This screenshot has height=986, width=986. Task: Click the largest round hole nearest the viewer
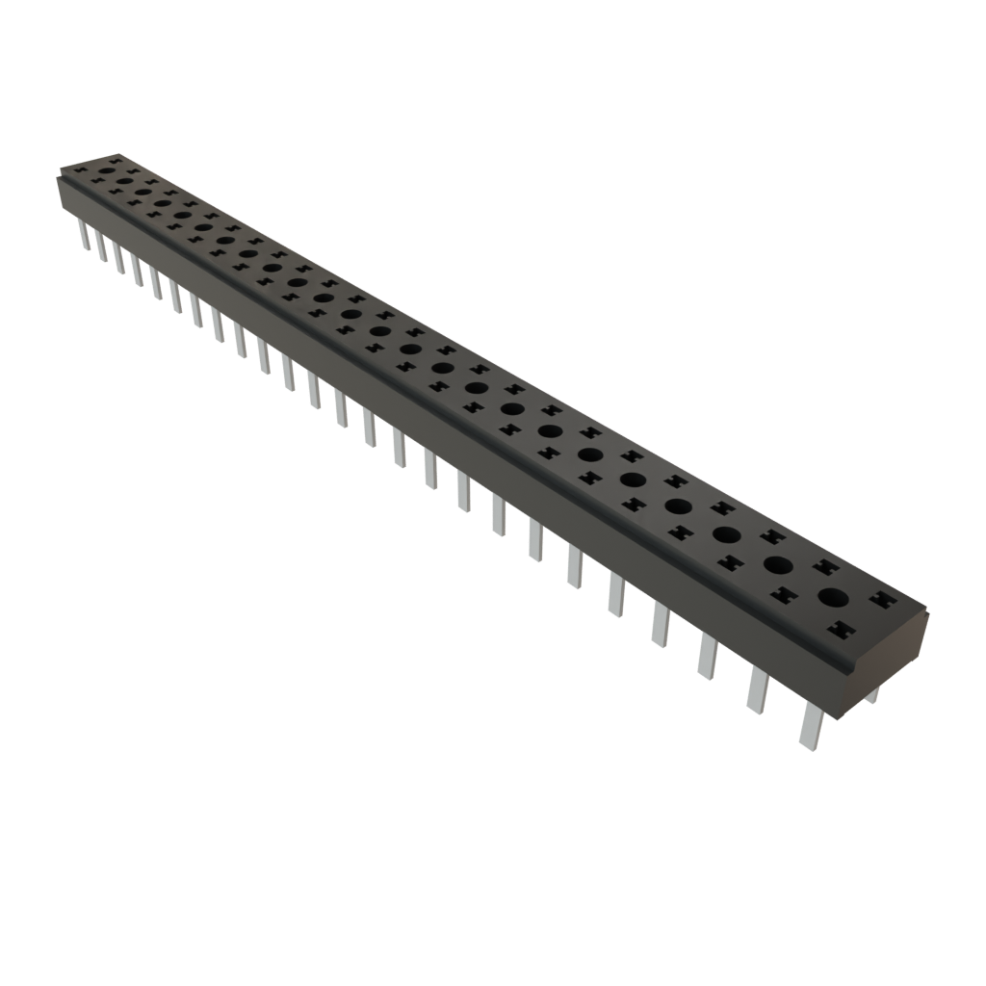[833, 597]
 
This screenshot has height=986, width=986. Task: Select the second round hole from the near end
[778, 564]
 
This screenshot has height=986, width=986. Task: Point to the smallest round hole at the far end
[106, 169]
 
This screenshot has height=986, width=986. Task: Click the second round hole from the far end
[124, 179]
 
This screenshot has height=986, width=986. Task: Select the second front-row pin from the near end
[756, 691]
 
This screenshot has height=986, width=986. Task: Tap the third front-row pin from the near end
[707, 657]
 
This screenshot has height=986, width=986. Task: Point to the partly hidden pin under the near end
[871, 695]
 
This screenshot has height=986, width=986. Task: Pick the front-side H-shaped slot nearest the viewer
[841, 630]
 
